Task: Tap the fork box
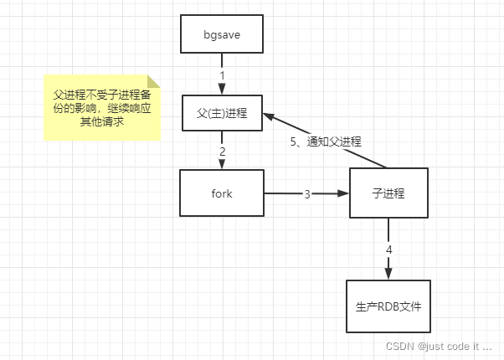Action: click(222, 193)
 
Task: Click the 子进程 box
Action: click(388, 193)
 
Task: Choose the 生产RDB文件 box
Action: click(388, 306)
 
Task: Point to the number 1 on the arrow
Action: click(222, 75)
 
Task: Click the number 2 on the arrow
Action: click(222, 152)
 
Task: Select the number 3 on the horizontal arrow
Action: click(307, 193)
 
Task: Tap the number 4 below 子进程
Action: click(388, 249)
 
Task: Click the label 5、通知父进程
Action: click(326, 141)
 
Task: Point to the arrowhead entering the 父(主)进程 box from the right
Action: click(268, 116)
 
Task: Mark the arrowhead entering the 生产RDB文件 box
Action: click(388, 274)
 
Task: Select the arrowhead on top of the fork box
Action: click(222, 165)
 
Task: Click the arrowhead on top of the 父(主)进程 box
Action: click(222, 88)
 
